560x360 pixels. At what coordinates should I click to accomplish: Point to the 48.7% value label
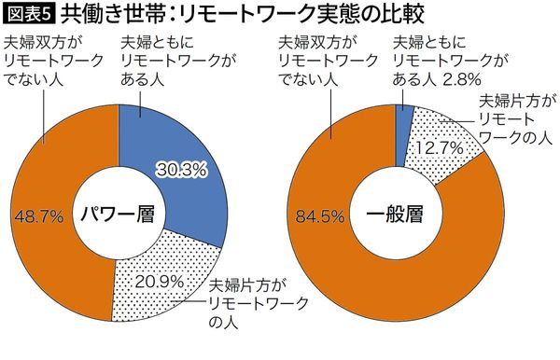[x=39, y=215]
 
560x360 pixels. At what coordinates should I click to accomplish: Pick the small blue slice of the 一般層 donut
[x=404, y=121]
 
